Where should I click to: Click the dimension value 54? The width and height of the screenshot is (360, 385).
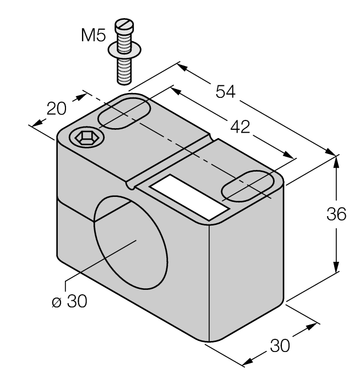[x=225, y=92]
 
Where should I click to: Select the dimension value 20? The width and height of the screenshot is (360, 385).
[x=57, y=108]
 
